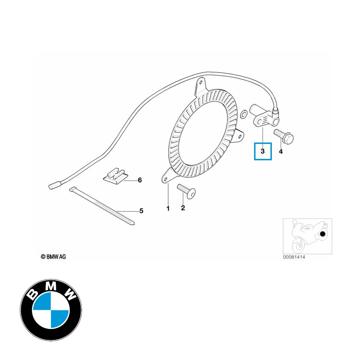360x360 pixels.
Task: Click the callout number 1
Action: (168, 209)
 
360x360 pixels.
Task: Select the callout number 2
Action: (183, 208)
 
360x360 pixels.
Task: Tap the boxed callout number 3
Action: (262, 151)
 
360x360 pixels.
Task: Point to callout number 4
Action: (281, 151)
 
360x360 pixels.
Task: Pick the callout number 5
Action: (141, 211)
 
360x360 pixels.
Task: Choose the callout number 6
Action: (140, 180)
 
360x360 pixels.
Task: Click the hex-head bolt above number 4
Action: (284, 136)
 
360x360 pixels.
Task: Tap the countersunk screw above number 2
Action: (186, 191)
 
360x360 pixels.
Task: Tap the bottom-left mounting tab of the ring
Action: (168, 176)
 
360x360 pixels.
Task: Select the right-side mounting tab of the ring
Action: (239, 135)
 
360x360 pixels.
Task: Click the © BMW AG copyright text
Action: (53, 257)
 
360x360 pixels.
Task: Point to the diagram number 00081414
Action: (294, 257)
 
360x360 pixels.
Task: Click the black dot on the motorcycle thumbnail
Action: (322, 234)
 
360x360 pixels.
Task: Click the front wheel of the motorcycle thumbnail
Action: (299, 246)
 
